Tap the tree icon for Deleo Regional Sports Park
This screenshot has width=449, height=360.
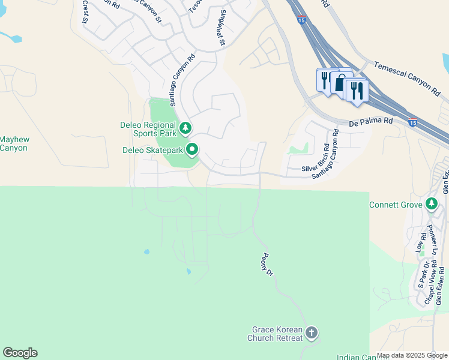coord(186,127)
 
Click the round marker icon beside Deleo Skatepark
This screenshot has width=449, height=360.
coord(193,149)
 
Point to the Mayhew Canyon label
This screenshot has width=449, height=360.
coord(14,143)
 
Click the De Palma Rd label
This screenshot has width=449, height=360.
coord(371,122)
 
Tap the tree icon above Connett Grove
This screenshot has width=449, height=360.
coord(431,204)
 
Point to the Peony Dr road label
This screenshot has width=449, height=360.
coord(267,263)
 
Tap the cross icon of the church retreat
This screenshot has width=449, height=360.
coord(311,332)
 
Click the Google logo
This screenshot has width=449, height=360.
coord(20,353)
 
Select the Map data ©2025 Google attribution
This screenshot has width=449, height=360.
coord(412,355)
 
